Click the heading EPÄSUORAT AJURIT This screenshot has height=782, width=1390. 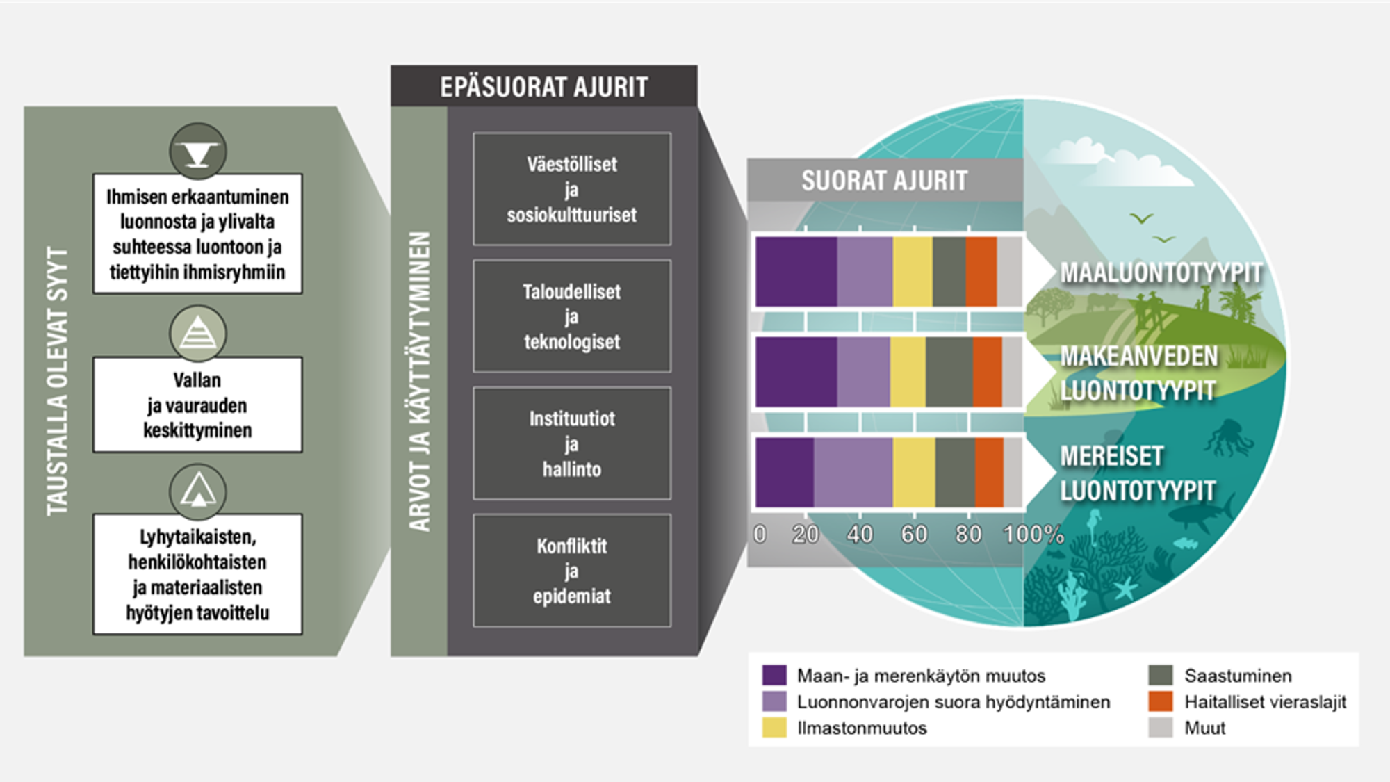coord(543,87)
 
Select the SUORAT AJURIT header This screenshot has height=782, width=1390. coord(884,181)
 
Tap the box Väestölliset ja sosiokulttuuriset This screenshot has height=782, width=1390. coord(572,189)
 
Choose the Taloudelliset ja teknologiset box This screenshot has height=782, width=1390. coord(572,316)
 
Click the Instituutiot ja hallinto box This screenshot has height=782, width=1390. coord(572,443)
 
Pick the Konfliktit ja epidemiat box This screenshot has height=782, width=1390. coord(572,571)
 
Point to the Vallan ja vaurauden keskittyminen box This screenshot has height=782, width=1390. coord(197,405)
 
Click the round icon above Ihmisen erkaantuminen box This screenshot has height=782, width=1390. coord(198,152)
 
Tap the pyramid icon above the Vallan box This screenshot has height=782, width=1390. coord(198,334)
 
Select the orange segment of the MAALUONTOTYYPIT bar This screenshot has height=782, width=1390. coord(981,272)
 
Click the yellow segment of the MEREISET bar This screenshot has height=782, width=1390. coord(914,472)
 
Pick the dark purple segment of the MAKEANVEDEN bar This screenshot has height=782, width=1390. coord(796,372)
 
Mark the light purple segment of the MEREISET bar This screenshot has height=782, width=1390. coord(853,472)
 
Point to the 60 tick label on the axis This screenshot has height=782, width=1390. coord(914,534)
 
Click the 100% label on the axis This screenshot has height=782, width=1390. coord(1033,534)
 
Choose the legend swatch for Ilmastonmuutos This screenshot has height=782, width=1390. coord(774,728)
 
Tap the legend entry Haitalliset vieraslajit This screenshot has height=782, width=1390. coord(1265,702)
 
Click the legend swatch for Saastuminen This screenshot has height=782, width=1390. coord(1161,676)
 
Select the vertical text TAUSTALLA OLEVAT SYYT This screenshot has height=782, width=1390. coord(58,381)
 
